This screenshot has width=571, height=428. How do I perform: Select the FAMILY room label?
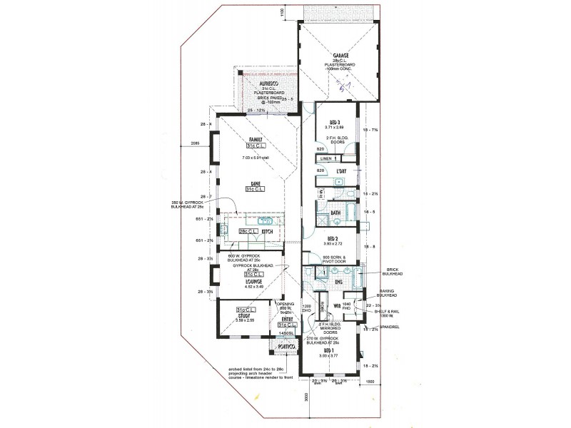click(255, 140)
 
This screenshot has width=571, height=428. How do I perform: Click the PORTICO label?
click(288, 347)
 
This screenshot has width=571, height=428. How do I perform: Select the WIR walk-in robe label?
click(335, 306)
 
